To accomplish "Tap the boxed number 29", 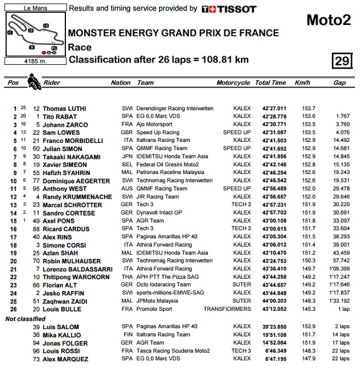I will (x=342, y=60).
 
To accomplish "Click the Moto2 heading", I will (x=328, y=21).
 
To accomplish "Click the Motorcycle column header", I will (x=233, y=83).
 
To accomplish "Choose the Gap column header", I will (x=339, y=83).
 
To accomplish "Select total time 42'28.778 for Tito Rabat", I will (x=271, y=117).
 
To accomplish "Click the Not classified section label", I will (x=25, y=319).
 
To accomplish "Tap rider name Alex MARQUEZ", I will (x=65, y=360).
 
